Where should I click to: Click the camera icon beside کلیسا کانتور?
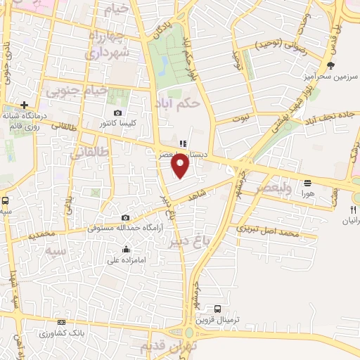[x=117, y=112]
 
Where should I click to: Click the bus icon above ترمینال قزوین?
[x=217, y=309]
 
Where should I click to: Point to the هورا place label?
[x=307, y=192]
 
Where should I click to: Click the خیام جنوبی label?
[x=78, y=91]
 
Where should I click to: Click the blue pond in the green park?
[x=164, y=66]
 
